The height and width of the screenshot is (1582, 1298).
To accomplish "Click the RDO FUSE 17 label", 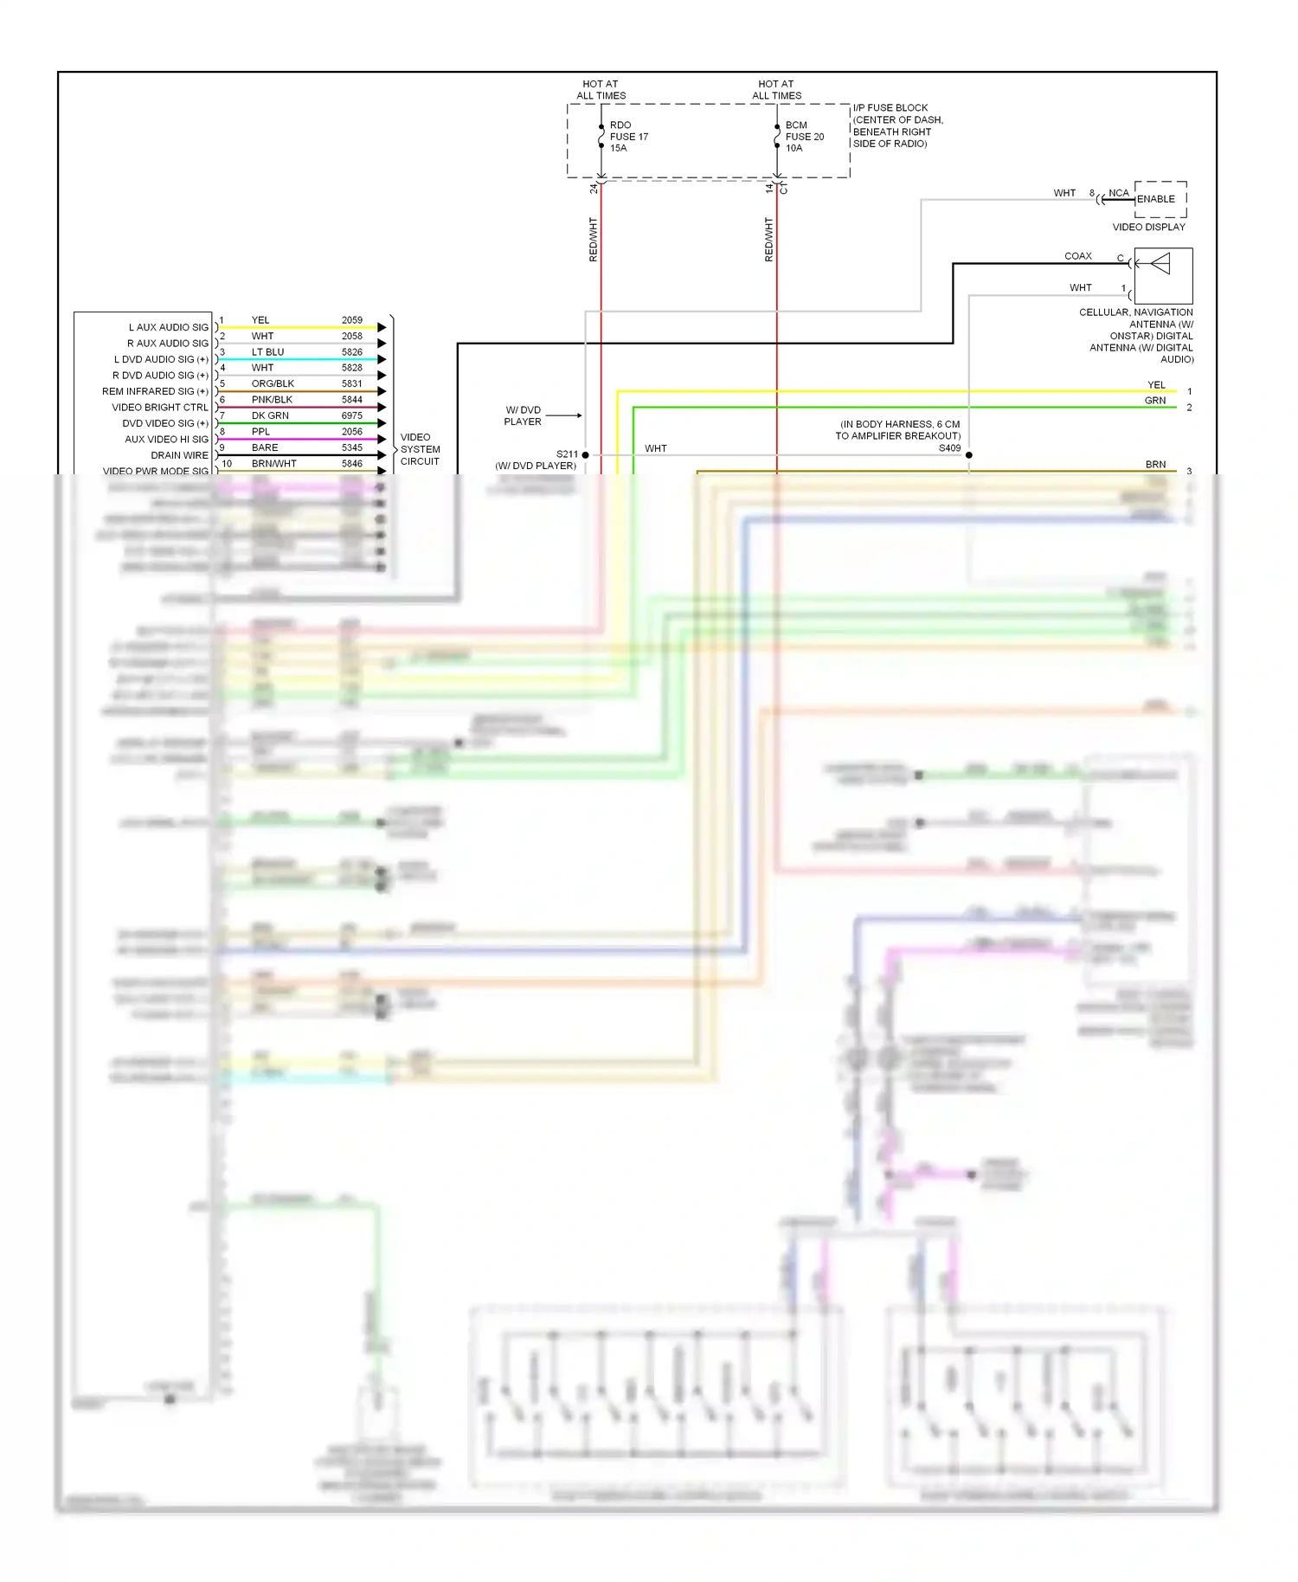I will click(x=628, y=137).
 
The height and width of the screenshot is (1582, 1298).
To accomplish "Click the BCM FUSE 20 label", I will click(x=804, y=137).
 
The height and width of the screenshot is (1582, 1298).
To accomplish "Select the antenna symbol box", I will click(x=1163, y=275).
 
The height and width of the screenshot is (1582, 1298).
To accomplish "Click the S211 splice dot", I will click(x=586, y=454).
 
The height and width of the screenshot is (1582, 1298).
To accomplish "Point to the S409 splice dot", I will click(x=969, y=454).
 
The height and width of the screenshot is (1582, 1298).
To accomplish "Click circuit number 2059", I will click(x=351, y=320).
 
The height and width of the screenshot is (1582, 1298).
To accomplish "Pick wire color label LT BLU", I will click(x=267, y=352).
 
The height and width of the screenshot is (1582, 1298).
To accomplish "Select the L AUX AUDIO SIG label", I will click(x=169, y=327).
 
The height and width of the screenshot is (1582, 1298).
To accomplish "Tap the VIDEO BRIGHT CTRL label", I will click(x=160, y=408).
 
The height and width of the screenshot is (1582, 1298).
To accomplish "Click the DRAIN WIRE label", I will click(x=179, y=455).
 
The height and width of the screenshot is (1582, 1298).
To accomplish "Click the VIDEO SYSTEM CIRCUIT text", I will click(x=420, y=449).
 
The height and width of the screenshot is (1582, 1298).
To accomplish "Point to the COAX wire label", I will click(x=1077, y=256).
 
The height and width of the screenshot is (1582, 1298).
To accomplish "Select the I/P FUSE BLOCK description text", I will click(x=896, y=126).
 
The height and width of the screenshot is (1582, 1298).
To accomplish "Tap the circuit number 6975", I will click(x=351, y=415).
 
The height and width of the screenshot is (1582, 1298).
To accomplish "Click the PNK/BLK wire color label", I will click(x=272, y=400).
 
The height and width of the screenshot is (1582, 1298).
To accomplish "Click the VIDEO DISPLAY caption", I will click(x=1148, y=228).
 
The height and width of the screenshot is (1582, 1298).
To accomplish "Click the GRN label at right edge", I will click(x=1154, y=401).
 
